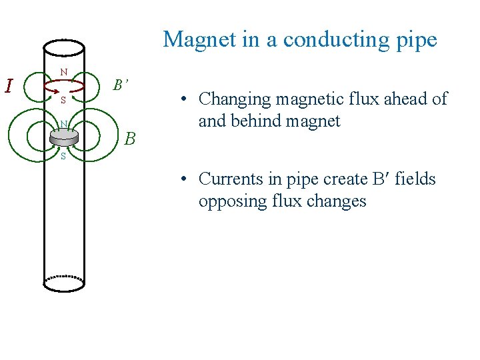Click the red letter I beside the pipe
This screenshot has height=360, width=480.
[9, 87]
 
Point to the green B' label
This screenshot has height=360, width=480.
[121, 85]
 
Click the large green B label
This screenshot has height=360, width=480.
[130, 139]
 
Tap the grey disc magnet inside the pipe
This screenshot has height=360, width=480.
[63, 137]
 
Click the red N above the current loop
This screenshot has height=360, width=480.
[63, 71]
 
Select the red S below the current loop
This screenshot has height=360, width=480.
[63, 101]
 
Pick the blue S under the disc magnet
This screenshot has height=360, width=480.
[63, 157]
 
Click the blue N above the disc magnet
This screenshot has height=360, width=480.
[62, 123]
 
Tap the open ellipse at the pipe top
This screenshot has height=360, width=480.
[64, 47]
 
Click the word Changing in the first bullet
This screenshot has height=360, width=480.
[229, 100]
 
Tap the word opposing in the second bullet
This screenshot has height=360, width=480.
[227, 201]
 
